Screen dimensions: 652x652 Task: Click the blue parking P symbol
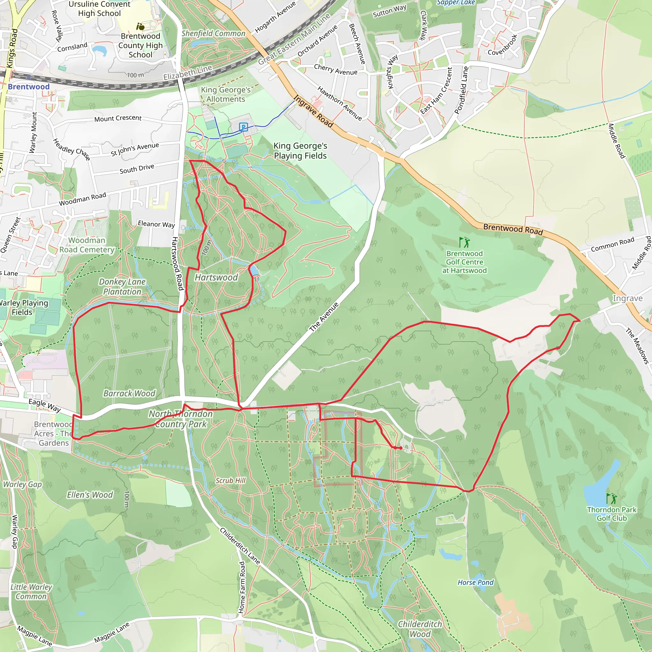coord(243,127)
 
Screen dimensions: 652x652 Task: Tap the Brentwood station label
coord(29,87)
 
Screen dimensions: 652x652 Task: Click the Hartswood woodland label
coord(216,277)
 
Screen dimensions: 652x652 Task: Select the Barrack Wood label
coord(129,393)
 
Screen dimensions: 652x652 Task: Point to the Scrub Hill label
coord(230,480)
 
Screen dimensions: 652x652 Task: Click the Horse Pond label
coord(476,582)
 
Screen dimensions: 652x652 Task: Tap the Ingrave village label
coord(627,298)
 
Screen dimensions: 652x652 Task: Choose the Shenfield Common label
coord(213,33)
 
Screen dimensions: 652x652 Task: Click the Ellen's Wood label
coord(90,495)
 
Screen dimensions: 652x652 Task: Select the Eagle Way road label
coord(45,405)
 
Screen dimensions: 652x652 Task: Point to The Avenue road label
coord(324,317)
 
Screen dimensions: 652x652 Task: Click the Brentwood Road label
coord(513,229)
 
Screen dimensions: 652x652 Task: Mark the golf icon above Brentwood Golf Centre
coord(464,242)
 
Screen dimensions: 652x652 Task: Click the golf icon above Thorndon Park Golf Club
coord(611,498)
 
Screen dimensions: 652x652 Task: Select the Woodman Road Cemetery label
coord(87,245)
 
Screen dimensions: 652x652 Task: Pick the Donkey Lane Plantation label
coord(122,287)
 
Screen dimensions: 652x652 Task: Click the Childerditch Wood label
coord(420,629)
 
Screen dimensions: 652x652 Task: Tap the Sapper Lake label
coord(456,3)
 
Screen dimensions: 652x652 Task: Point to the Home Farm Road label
coord(242,587)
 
